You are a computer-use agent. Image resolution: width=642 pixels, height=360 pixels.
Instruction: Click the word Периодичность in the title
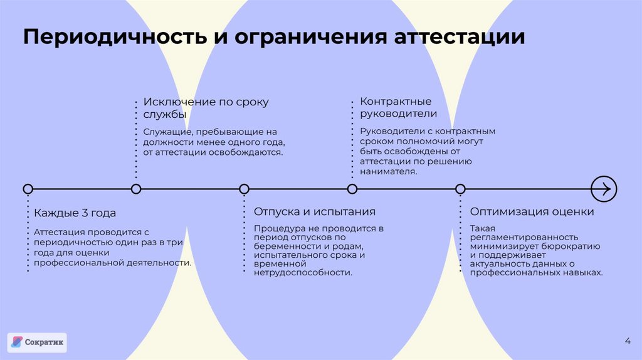pos(115,36)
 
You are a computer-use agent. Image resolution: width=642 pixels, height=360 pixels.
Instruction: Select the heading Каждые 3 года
pos(75,213)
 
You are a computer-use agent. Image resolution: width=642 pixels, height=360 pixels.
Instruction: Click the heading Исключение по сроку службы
pos(205,108)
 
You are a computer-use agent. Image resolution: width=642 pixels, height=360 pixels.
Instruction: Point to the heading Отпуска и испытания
pos(314,211)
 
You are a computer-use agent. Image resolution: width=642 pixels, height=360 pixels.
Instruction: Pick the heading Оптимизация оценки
pos(532,211)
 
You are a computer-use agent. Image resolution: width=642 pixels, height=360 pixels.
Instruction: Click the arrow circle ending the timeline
pos(604,188)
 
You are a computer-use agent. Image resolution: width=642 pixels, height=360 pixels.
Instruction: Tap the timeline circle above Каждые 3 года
pos(28,189)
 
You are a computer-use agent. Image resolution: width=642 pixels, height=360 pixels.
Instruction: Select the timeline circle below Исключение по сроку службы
pos(136,189)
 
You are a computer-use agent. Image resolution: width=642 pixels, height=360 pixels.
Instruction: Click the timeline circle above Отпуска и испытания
pos(245,189)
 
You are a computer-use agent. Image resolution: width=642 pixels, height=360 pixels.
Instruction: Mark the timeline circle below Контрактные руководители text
pos(352,189)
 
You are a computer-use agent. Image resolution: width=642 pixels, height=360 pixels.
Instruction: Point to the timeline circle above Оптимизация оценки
pos(460,189)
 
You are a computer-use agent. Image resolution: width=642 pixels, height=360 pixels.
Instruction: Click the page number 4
pos(628,341)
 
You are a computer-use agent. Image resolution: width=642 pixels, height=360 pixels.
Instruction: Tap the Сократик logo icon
pos(17,342)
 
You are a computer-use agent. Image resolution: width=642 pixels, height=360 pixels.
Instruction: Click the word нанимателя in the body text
pos(388,171)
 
